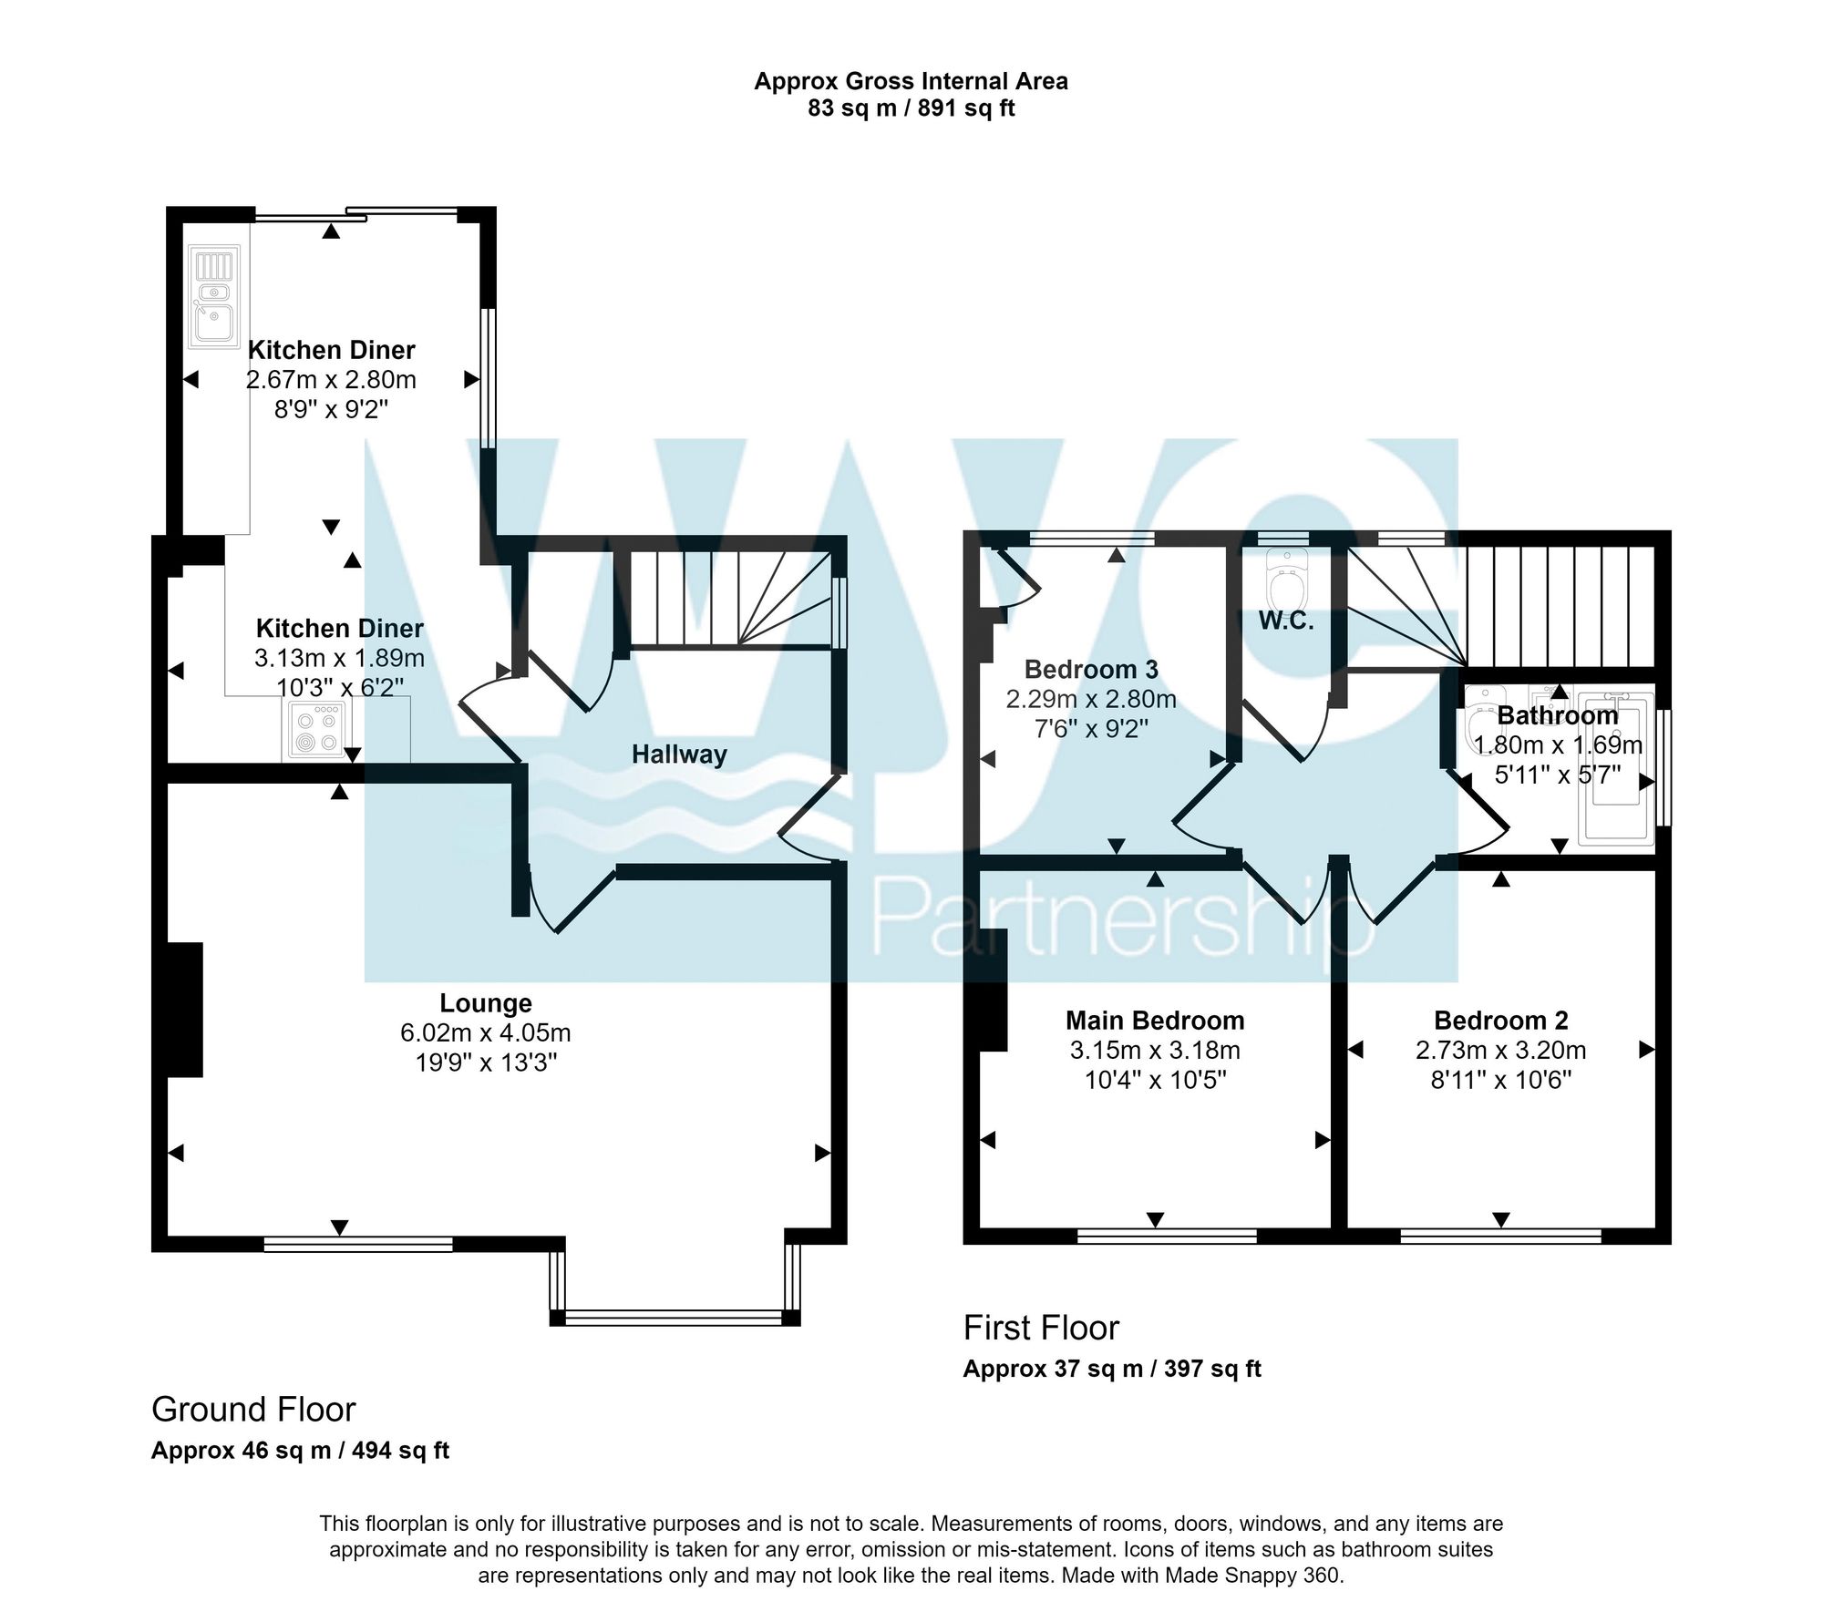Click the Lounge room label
tap(486, 1003)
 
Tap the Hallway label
tap(679, 755)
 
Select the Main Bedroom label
tap(1155, 1021)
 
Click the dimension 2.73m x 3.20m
tap(1500, 1051)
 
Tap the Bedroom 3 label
tap(1091, 670)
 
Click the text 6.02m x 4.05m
tap(486, 1033)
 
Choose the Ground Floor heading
tap(253, 1410)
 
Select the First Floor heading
tap(1041, 1329)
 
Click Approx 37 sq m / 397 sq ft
tap(1112, 1369)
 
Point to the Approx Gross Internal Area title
tap(911, 82)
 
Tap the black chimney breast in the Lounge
tap(185, 1010)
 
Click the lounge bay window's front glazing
tap(675, 1317)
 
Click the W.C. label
tap(1286, 622)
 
